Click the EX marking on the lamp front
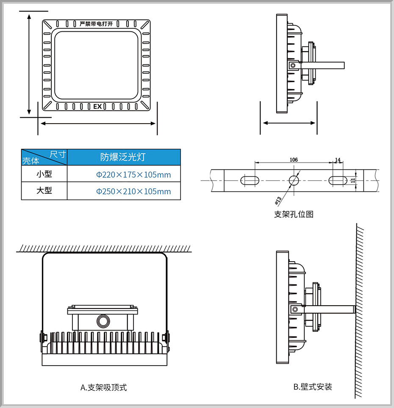point(98,106)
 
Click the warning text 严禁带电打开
point(96,24)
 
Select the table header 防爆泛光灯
point(123,157)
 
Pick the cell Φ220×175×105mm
point(133,175)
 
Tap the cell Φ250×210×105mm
point(133,191)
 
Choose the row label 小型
point(44,174)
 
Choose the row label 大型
point(44,190)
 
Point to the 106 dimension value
point(294,160)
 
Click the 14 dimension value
point(338,160)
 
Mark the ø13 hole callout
point(278,200)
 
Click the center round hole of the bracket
point(294,180)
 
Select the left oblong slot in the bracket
point(250,180)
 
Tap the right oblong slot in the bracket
point(338,180)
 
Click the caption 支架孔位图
point(294,214)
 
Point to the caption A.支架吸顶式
point(104,387)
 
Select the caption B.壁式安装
point(313,387)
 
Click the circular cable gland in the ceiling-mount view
point(103,321)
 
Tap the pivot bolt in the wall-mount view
point(295,309)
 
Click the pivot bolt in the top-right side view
point(293,65)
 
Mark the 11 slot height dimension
point(353,180)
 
